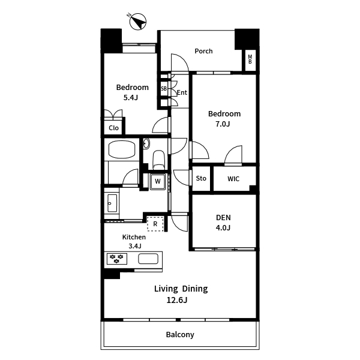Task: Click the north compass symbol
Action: [x=137, y=22]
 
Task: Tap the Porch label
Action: [x=203, y=51]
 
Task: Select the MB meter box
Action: [x=250, y=59]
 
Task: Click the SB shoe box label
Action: [x=164, y=88]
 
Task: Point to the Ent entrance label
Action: [x=182, y=92]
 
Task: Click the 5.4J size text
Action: [x=130, y=98]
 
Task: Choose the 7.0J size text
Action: [x=223, y=124]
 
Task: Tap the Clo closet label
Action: [x=113, y=128]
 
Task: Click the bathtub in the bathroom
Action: [x=122, y=149]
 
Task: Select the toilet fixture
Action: [x=158, y=160]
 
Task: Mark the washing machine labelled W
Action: [x=157, y=182]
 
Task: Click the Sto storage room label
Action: [x=201, y=178]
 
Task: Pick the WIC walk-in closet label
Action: [x=233, y=179]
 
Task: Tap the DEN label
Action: [x=223, y=217]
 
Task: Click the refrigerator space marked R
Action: [x=155, y=224]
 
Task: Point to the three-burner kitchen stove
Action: [x=117, y=259]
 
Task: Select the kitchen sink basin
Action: [x=148, y=259]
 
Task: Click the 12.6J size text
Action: [x=177, y=300]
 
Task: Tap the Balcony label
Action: [x=180, y=335]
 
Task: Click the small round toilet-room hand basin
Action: [x=146, y=144]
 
